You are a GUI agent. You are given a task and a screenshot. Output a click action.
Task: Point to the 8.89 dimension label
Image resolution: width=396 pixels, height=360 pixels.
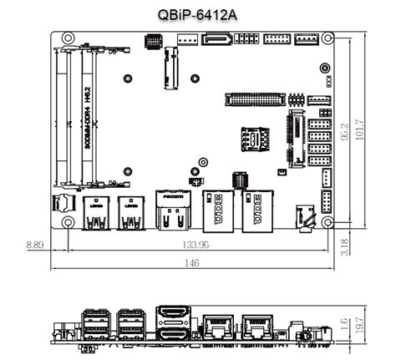(x=34, y=245)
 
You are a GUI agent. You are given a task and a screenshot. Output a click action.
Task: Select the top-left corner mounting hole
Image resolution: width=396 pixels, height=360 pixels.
(x=63, y=38)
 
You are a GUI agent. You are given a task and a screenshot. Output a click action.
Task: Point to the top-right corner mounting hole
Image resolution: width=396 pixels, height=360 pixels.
(x=331, y=38)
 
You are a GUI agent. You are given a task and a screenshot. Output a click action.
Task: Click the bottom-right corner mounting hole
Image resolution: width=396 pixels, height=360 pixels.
(x=331, y=222)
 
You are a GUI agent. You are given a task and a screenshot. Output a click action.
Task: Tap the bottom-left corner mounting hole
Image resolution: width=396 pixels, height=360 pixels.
(x=63, y=222)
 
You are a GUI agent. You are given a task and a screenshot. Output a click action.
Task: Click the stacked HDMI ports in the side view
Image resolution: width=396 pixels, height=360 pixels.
(x=173, y=324)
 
